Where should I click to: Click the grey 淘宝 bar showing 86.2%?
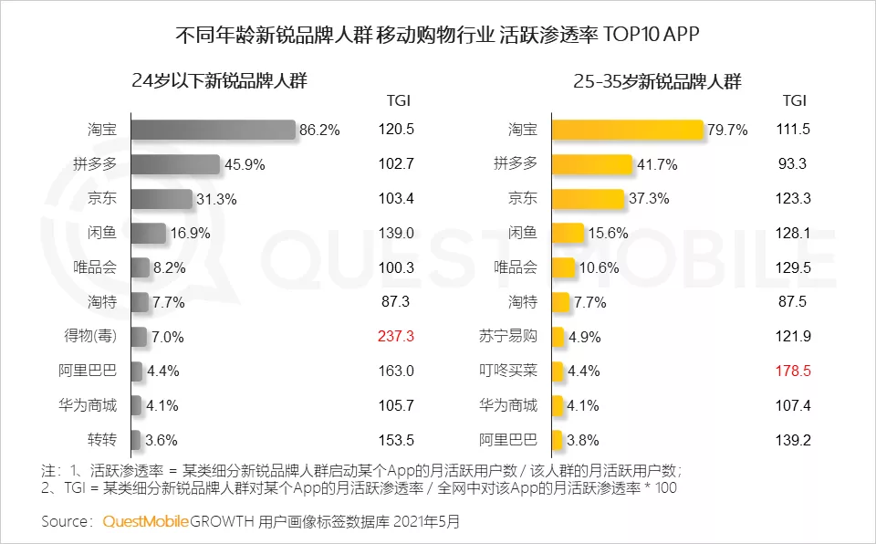213,130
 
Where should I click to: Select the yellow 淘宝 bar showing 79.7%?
628,130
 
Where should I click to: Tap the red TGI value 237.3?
396,336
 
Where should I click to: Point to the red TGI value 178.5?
792,371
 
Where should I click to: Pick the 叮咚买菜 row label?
509,371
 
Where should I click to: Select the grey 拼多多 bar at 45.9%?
175,164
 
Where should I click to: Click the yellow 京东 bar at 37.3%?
588,199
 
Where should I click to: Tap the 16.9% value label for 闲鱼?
191,233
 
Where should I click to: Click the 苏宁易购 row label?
509,336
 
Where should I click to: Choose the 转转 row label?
102,440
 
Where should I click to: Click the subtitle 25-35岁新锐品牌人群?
657,81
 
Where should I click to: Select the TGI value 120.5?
396,130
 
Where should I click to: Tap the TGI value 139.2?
792,440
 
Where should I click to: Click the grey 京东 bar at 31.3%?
162,199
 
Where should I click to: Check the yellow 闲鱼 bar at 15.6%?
568,233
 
